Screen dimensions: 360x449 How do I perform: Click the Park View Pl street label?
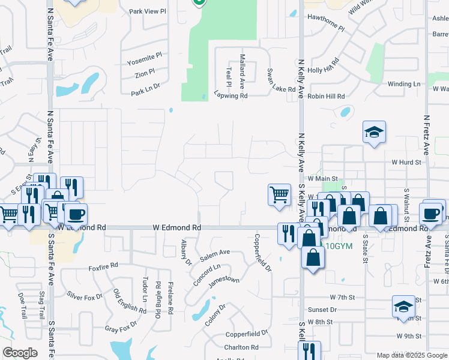(147, 11)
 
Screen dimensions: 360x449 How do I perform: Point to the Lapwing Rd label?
(231, 95)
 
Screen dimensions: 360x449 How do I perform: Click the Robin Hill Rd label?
(327, 96)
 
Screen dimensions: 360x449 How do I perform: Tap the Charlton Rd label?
(241, 347)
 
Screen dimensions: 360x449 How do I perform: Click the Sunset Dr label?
(324, 310)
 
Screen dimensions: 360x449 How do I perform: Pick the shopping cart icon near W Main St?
(279, 194)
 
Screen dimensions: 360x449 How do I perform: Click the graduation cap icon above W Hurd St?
(374, 133)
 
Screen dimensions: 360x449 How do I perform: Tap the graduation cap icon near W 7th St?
(403, 307)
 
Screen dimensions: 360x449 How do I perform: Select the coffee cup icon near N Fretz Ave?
(432, 213)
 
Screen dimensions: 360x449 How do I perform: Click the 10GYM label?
(339, 246)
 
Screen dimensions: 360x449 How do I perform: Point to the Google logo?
(20, 353)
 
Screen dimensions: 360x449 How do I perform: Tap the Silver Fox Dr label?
(85, 296)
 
